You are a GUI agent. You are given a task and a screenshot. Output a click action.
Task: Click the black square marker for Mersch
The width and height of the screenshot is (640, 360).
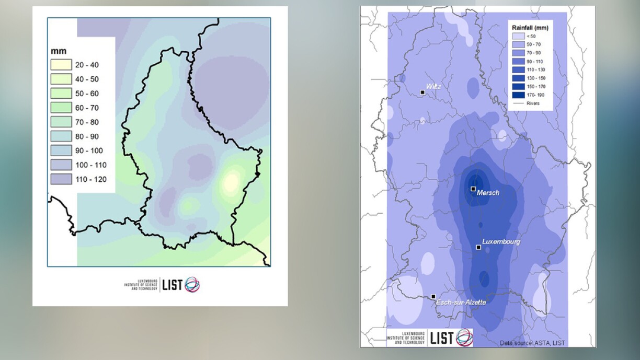[473, 189]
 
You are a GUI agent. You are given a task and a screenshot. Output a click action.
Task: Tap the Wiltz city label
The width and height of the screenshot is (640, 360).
[433, 86]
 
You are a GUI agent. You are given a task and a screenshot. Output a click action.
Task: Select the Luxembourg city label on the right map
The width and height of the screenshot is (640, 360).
[501, 242]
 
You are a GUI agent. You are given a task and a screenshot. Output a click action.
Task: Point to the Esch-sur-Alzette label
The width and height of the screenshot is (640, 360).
[461, 303]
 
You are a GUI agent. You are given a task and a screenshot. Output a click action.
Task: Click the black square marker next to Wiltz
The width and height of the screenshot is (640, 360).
[422, 92]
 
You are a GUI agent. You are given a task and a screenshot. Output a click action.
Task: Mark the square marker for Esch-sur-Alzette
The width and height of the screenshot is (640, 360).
[433, 297]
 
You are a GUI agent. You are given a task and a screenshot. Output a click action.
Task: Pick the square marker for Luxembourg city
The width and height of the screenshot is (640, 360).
[478, 247]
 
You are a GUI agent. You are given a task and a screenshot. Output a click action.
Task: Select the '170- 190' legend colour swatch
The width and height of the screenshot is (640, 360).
[518, 95]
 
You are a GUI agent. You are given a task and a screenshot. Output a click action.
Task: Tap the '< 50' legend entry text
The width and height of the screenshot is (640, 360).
[531, 36]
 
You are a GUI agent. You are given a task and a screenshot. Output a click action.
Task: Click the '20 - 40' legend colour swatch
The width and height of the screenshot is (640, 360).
[60, 65]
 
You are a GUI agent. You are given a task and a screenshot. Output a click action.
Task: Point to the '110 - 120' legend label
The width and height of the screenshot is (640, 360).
[91, 180]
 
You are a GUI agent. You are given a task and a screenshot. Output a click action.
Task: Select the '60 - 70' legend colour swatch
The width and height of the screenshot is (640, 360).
[60, 108]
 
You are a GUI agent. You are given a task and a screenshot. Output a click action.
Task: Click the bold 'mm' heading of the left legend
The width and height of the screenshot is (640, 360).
[58, 51]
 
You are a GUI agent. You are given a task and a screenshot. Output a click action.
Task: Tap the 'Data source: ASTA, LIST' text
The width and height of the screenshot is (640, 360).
[532, 343]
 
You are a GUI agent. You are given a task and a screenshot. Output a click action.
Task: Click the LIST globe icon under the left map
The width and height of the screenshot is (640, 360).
[192, 285]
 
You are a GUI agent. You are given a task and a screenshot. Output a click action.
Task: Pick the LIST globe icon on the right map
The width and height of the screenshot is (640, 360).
[464, 338]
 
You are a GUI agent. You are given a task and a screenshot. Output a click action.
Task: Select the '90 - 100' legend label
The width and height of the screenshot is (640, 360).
[89, 151]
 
